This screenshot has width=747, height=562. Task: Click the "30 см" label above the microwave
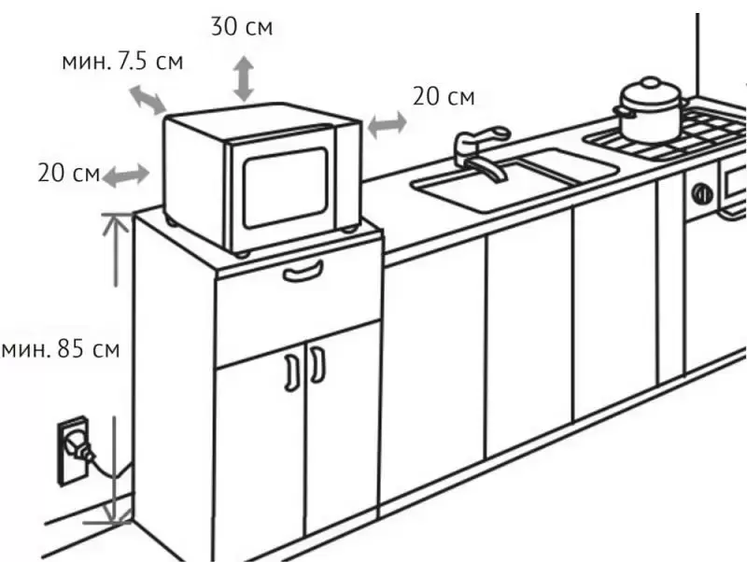pyautogui.click(x=242, y=25)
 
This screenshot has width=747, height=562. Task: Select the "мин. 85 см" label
pyautogui.click(x=61, y=350)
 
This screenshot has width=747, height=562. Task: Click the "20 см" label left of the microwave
pyautogui.click(x=66, y=173)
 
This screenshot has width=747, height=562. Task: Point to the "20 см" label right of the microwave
pyautogui.click(x=444, y=96)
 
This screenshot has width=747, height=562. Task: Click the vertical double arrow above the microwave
pyautogui.click(x=244, y=77)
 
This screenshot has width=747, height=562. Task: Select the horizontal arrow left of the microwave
pyautogui.click(x=125, y=175)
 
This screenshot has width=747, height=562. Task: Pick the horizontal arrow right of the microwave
pyautogui.click(x=386, y=122)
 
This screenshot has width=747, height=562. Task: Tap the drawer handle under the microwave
pyautogui.click(x=303, y=272)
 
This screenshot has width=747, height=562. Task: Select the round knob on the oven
pyautogui.click(x=700, y=193)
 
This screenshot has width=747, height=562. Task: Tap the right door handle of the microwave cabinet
pyautogui.click(x=317, y=365)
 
